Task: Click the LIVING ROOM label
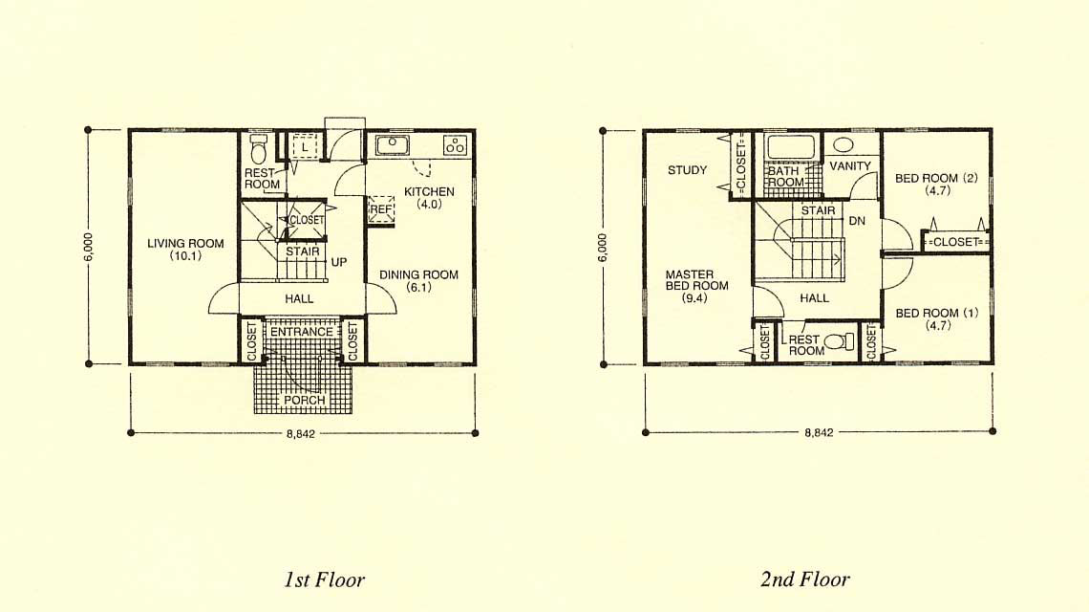[x=185, y=244]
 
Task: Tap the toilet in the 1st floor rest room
[x=258, y=148]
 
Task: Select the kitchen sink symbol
[x=393, y=145]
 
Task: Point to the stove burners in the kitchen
[x=456, y=144]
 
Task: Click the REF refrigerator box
[x=381, y=209]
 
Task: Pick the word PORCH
[x=304, y=400]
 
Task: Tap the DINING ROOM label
[x=418, y=274]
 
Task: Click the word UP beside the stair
[x=339, y=262]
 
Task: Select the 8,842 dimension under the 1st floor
[x=301, y=433]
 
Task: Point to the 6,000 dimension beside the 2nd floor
[x=602, y=248]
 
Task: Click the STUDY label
[x=688, y=169]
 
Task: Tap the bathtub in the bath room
[x=791, y=147]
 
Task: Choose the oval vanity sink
[x=843, y=144]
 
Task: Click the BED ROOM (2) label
[x=936, y=178]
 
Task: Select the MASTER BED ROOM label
[x=696, y=279]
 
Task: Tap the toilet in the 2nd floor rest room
[x=842, y=341]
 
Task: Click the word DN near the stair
[x=857, y=221]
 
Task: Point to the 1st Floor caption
[x=325, y=579]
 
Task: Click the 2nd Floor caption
[x=805, y=579]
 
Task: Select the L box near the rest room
[x=304, y=147]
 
